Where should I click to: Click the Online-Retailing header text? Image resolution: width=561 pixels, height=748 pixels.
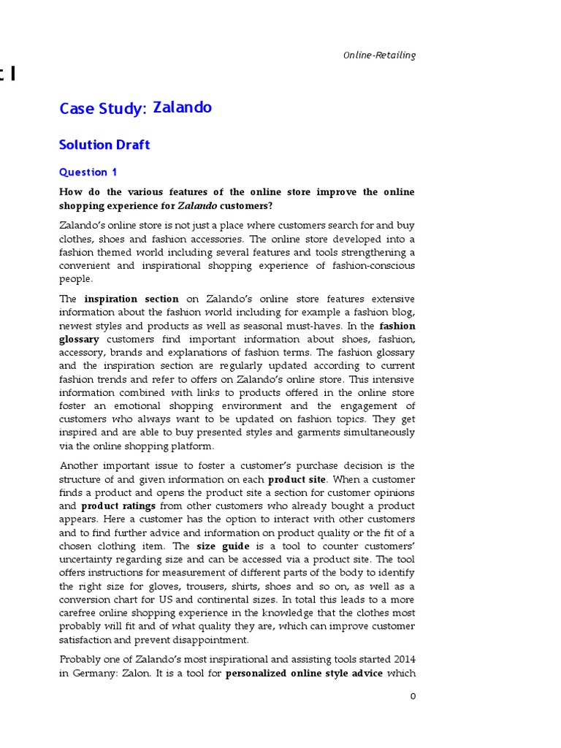tap(380, 56)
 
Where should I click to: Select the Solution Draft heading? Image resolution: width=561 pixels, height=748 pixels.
tap(104, 145)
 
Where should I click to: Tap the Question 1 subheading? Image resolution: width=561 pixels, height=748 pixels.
tap(88, 172)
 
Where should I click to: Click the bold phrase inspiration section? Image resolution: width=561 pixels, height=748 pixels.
tap(131, 299)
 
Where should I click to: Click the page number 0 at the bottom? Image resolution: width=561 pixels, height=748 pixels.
tap(412, 696)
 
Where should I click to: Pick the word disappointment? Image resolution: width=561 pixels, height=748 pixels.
tap(213, 640)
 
